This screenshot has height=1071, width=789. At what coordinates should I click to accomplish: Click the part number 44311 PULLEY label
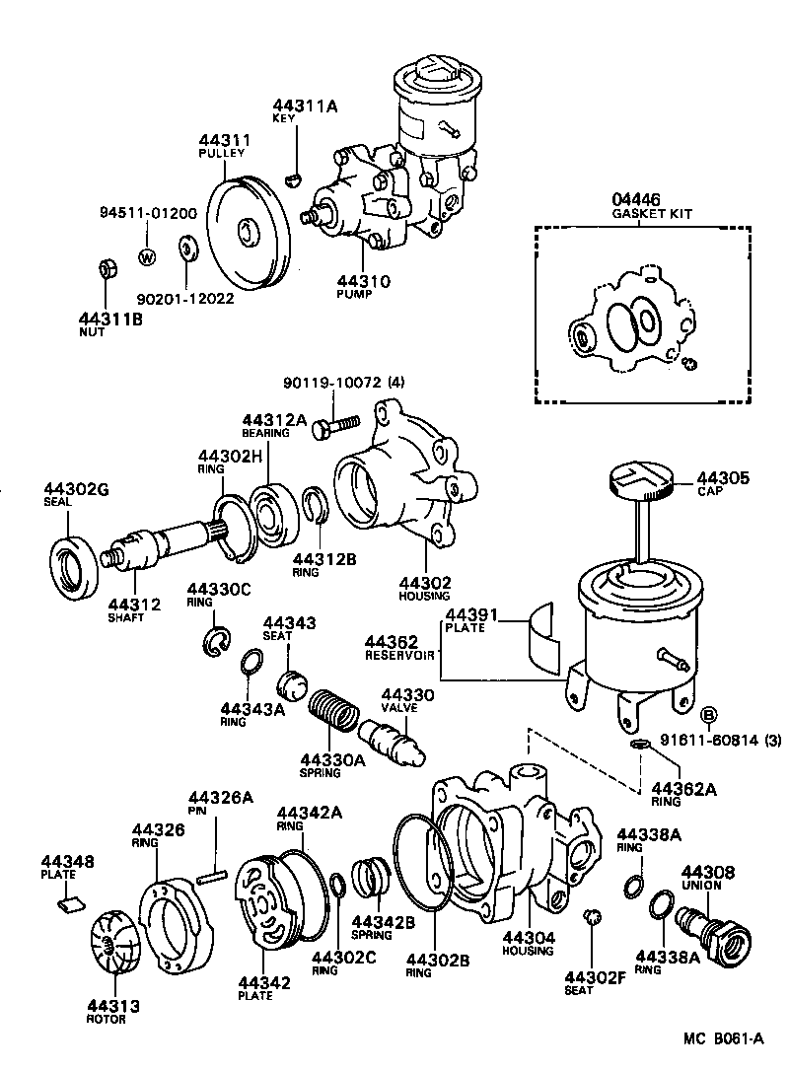pyautogui.click(x=222, y=146)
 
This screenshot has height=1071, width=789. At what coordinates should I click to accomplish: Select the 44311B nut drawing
pyautogui.click(x=109, y=268)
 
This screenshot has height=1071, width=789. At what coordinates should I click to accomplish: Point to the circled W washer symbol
pyautogui.click(x=147, y=258)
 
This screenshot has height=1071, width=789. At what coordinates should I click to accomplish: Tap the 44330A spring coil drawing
pyautogui.click(x=331, y=713)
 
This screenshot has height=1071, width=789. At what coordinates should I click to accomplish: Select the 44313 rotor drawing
pyautogui.click(x=116, y=939)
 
